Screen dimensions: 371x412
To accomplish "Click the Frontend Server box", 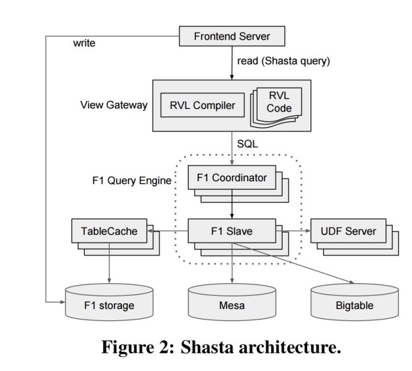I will (232, 36).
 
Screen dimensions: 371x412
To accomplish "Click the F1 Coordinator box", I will (231, 178).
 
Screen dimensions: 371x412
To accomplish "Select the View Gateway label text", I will (115, 105).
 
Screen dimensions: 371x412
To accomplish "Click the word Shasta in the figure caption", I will (207, 348).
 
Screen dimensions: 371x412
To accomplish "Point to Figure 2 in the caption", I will (133, 348).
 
